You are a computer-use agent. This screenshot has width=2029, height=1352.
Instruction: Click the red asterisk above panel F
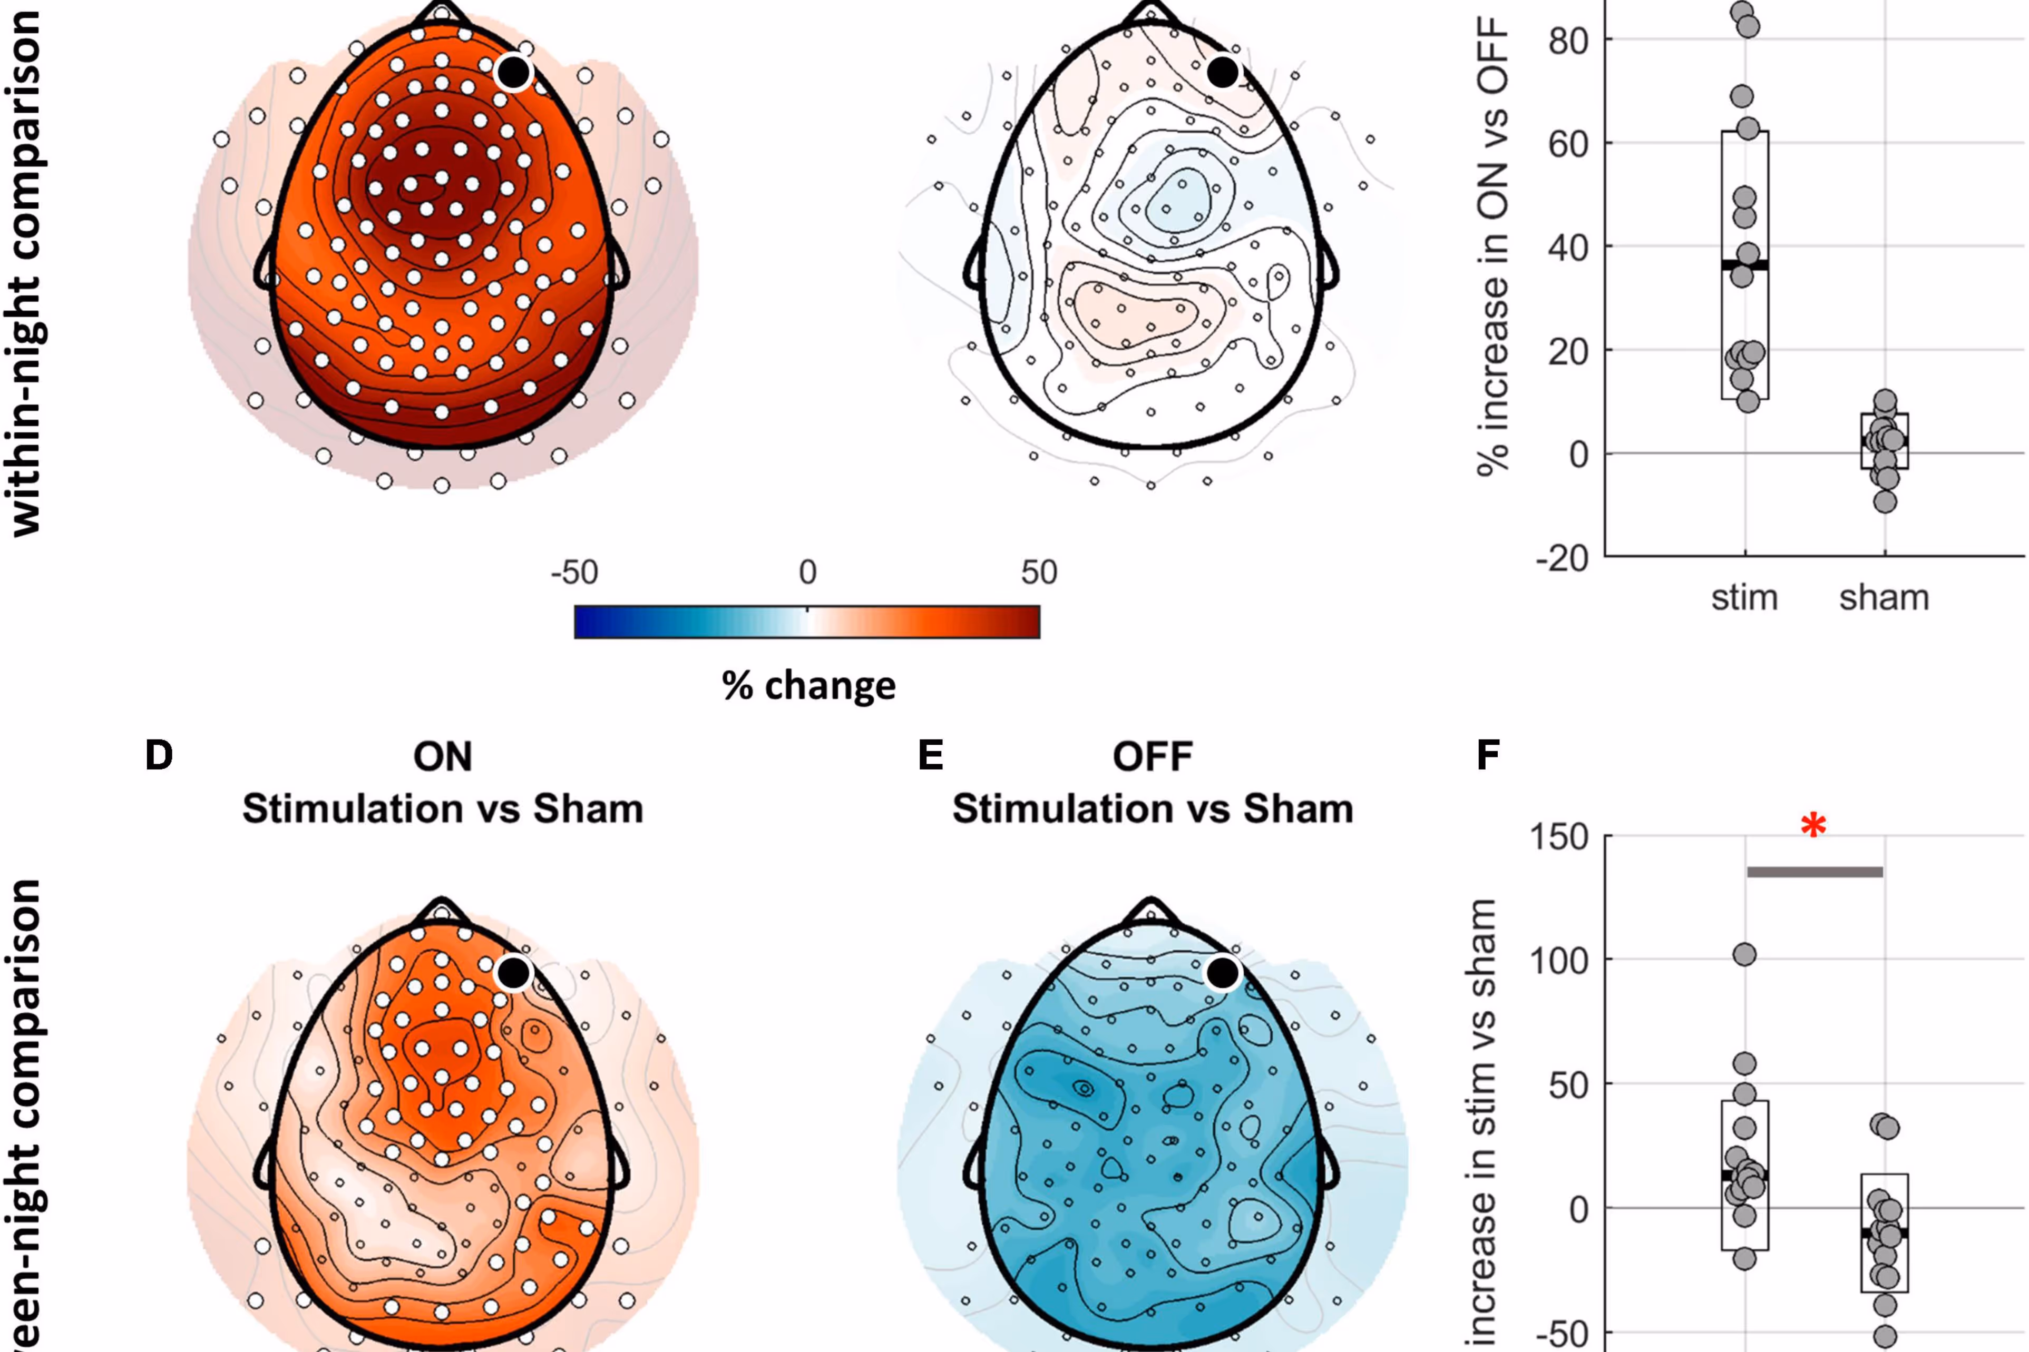click(1813, 826)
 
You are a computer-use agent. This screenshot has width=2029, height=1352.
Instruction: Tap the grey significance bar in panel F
click(1814, 872)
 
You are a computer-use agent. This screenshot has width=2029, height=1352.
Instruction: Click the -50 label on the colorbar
click(574, 571)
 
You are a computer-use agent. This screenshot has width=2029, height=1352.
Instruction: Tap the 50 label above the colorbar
click(1039, 571)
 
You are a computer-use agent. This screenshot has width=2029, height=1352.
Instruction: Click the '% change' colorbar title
click(808, 686)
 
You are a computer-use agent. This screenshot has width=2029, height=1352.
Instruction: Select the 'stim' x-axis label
click(1744, 597)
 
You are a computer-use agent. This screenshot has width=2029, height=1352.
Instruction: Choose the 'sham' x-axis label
click(1884, 597)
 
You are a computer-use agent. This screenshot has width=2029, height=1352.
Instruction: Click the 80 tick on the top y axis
click(1568, 40)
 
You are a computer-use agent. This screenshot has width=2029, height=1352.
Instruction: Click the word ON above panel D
click(443, 757)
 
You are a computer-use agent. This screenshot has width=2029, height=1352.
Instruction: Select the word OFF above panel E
click(1153, 757)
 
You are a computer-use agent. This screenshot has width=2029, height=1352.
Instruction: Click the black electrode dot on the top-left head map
click(513, 73)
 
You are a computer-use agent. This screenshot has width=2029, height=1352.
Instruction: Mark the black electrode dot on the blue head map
click(1222, 973)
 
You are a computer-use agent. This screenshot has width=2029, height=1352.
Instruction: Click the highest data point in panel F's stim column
click(1744, 954)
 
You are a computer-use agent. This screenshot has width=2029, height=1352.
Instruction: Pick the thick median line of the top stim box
click(1744, 265)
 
